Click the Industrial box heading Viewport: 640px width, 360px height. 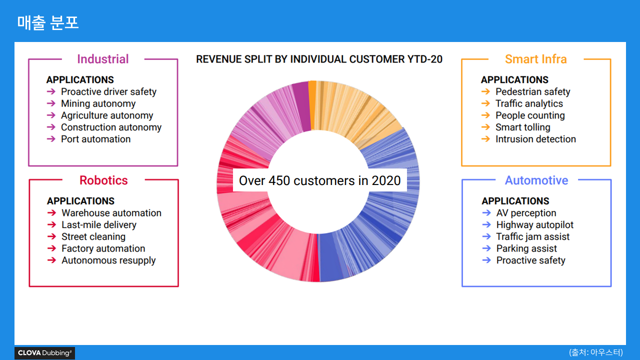tap(103, 59)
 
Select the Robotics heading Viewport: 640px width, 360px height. tap(103, 180)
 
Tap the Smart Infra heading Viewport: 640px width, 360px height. tap(535, 59)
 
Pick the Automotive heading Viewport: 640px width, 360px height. tap(536, 180)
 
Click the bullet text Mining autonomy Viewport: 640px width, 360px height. tap(98, 103)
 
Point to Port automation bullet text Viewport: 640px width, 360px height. tap(95, 139)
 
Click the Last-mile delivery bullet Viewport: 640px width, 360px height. tap(99, 225)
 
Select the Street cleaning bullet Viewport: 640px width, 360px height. tap(93, 237)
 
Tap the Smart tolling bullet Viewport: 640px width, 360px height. tap(523, 127)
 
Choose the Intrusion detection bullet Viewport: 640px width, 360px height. tap(535, 139)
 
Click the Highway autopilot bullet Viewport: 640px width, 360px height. tap(535, 225)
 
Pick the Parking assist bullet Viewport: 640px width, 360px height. tap(526, 248)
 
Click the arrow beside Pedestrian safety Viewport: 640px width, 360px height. tap(485, 91)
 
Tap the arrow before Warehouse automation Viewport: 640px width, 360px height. tap(51, 212)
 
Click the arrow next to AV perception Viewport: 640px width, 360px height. tap(486, 212)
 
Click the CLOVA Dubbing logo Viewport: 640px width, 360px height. tap(45, 353)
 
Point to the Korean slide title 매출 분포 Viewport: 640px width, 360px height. tap(47, 22)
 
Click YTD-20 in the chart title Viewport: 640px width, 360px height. tap(425, 59)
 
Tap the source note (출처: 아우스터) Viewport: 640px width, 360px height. tap(595, 352)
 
